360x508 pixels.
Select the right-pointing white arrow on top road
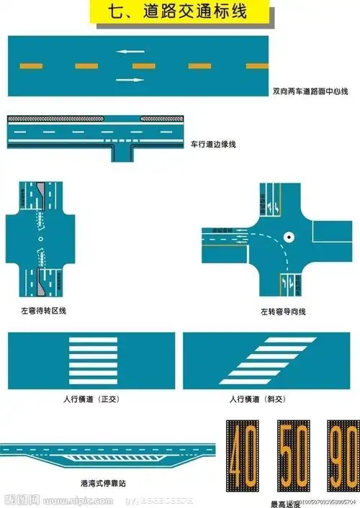point(130,79)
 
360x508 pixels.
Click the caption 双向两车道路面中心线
point(310,91)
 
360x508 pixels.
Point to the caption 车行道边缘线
point(213,144)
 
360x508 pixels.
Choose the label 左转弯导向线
point(284,312)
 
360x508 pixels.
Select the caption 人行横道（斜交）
point(257,399)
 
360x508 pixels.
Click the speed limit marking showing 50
point(291,456)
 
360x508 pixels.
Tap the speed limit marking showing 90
point(341,456)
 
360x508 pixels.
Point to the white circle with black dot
point(289,235)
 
